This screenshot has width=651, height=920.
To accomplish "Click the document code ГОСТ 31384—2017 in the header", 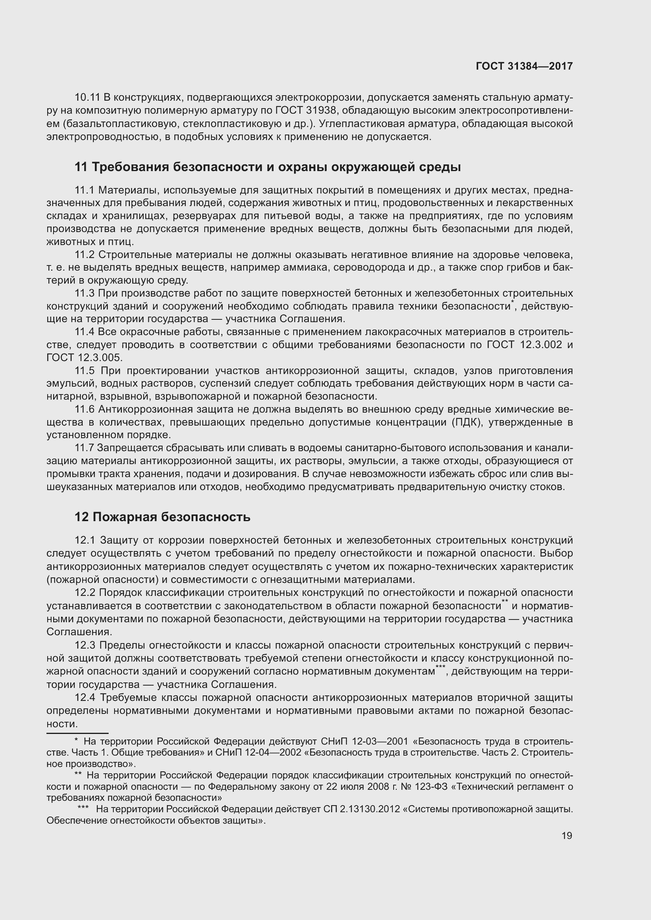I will (x=524, y=66).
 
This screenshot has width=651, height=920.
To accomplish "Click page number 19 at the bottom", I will (x=567, y=835).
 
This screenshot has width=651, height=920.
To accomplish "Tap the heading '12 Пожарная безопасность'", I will (x=162, y=517).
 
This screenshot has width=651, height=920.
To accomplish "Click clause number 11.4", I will (x=84, y=332).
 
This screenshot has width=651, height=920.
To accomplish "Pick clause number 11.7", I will (x=84, y=448).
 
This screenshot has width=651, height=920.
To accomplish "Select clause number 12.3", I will (x=85, y=645).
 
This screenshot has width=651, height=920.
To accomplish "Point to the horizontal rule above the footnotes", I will (x=78, y=733).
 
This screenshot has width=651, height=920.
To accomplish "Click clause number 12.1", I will (x=85, y=540).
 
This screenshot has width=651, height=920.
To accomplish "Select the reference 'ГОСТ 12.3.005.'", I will (x=85, y=358).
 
